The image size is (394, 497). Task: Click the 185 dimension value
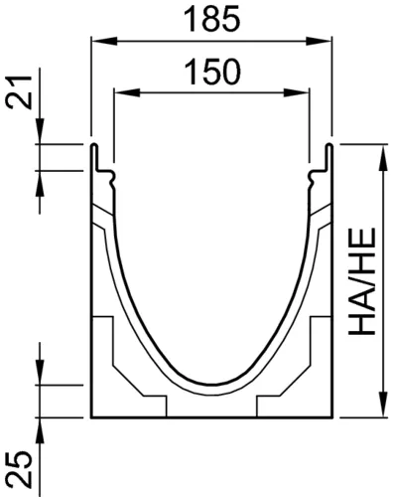coord(211,19)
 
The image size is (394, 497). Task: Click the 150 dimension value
coord(211,72)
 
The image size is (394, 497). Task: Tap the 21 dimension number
coord(19,91)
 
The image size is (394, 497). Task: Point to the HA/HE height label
coord(362,281)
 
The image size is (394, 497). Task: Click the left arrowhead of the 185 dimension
coord(104,41)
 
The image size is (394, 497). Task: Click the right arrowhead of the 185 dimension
coord(318,41)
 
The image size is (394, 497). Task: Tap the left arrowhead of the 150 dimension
coord(126,92)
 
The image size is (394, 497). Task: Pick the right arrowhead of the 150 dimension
coord(297,92)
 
